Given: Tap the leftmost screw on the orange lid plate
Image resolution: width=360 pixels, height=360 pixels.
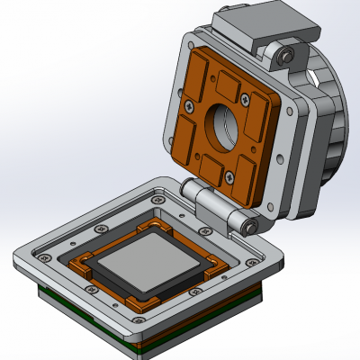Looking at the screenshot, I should pyautogui.click(x=188, y=104).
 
